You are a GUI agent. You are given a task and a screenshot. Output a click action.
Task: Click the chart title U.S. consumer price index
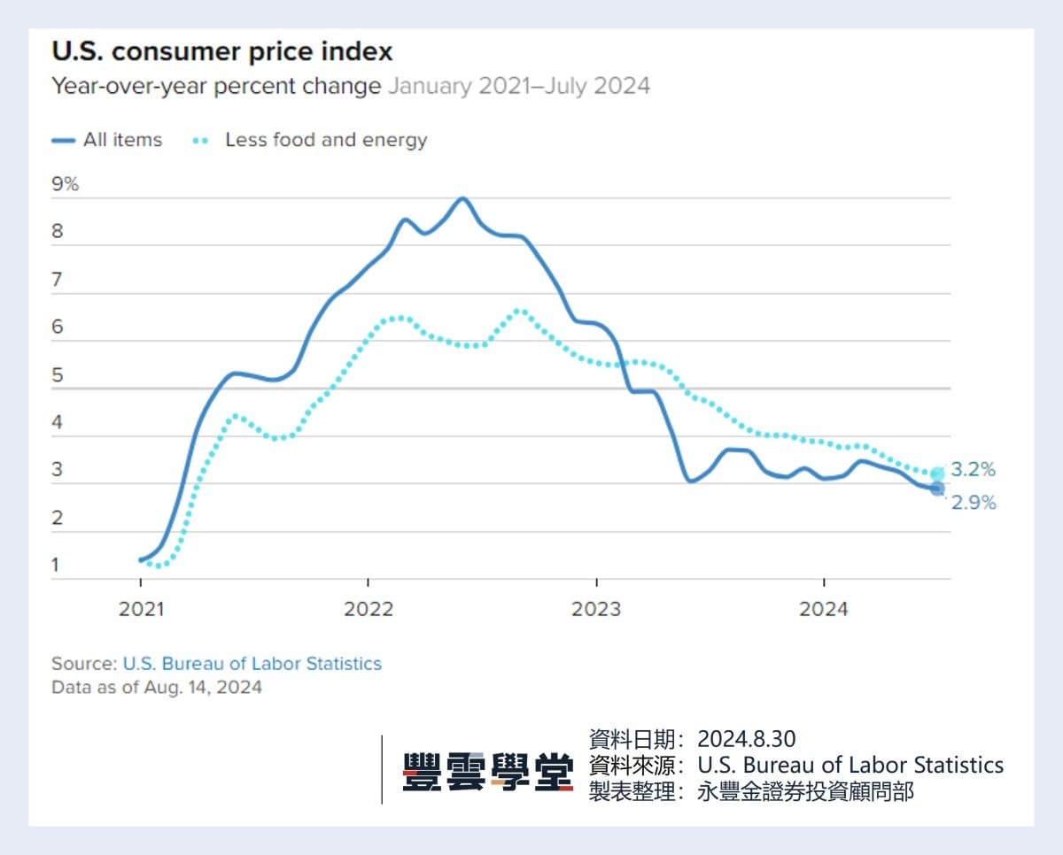pyautogui.click(x=221, y=51)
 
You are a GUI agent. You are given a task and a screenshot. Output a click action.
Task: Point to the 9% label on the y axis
pyautogui.click(x=65, y=184)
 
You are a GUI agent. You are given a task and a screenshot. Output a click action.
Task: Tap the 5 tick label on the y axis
pyautogui.click(x=58, y=375)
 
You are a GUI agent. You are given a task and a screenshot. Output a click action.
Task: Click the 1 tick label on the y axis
pyautogui.click(x=57, y=565)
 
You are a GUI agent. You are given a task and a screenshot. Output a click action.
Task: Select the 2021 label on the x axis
pyautogui.click(x=140, y=609)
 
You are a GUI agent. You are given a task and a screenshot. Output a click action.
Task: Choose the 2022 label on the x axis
pyautogui.click(x=369, y=609)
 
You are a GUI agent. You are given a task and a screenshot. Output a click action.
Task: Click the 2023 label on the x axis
pyautogui.click(x=596, y=609)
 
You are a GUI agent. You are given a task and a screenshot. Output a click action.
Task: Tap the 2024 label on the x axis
pyautogui.click(x=824, y=609)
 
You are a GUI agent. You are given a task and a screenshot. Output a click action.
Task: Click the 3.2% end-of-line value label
pyautogui.click(x=973, y=470)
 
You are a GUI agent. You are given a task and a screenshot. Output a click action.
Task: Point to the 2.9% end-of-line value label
pyautogui.click(x=973, y=503)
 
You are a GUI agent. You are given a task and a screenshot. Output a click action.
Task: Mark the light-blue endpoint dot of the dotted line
pyautogui.click(x=937, y=474)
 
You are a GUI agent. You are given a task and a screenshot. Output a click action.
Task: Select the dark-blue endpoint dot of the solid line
pyautogui.click(x=937, y=489)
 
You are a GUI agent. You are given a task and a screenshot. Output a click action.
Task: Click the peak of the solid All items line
pyautogui.click(x=462, y=198)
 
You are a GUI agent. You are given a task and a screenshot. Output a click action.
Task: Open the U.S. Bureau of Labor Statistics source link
pyautogui.click(x=252, y=663)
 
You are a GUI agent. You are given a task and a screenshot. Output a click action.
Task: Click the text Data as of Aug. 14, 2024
pyautogui.click(x=156, y=687)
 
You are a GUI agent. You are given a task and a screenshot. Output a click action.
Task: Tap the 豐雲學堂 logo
pyautogui.click(x=487, y=770)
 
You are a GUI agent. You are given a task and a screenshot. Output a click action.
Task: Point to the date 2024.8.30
pyautogui.click(x=746, y=739)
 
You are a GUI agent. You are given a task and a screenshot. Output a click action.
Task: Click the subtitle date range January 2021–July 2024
pyautogui.click(x=518, y=86)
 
